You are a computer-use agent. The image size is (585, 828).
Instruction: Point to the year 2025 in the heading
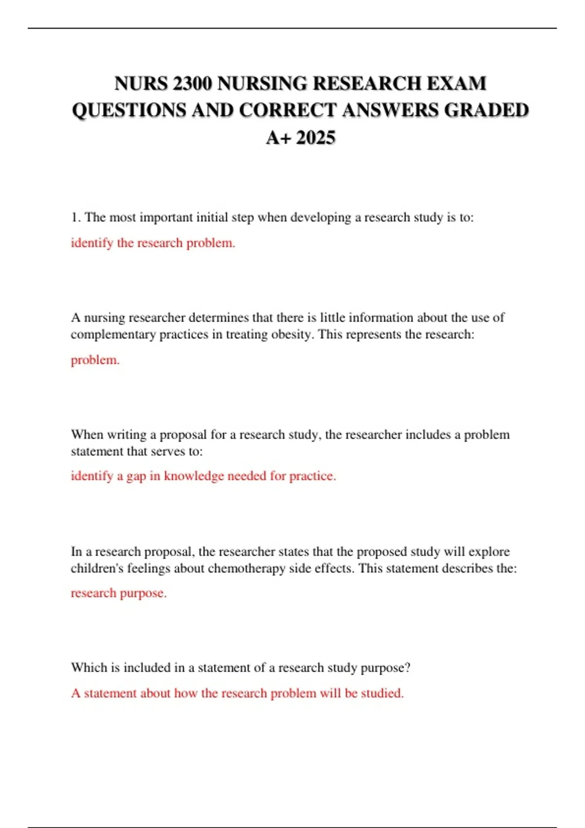point(315,137)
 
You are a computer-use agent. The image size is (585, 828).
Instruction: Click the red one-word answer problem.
point(95,360)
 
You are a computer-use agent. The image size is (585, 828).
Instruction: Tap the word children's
point(97,568)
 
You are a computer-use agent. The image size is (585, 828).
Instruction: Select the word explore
point(488,551)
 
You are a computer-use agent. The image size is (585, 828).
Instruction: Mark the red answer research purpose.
point(118,593)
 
